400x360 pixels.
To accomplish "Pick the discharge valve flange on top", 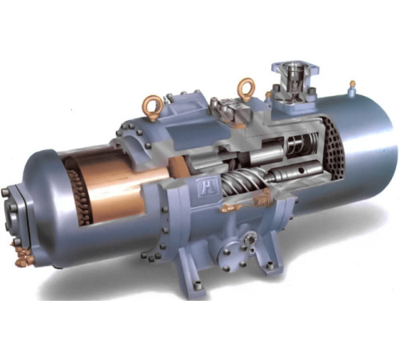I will coord(293,77).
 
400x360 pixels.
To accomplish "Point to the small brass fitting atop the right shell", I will coord(352,83).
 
